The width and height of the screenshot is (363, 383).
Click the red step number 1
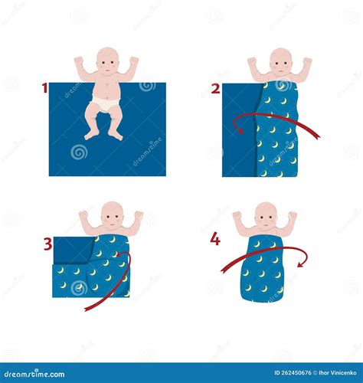[44, 88]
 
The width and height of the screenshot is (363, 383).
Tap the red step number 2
[215, 88]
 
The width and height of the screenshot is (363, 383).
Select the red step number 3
[47, 244]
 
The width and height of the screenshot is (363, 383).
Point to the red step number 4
[215, 240]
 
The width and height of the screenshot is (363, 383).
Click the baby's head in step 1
[108, 62]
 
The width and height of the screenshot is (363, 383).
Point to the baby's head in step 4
[266, 215]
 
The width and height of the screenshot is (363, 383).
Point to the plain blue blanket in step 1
[138, 146]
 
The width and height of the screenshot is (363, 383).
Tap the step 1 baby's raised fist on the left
[79, 61]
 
